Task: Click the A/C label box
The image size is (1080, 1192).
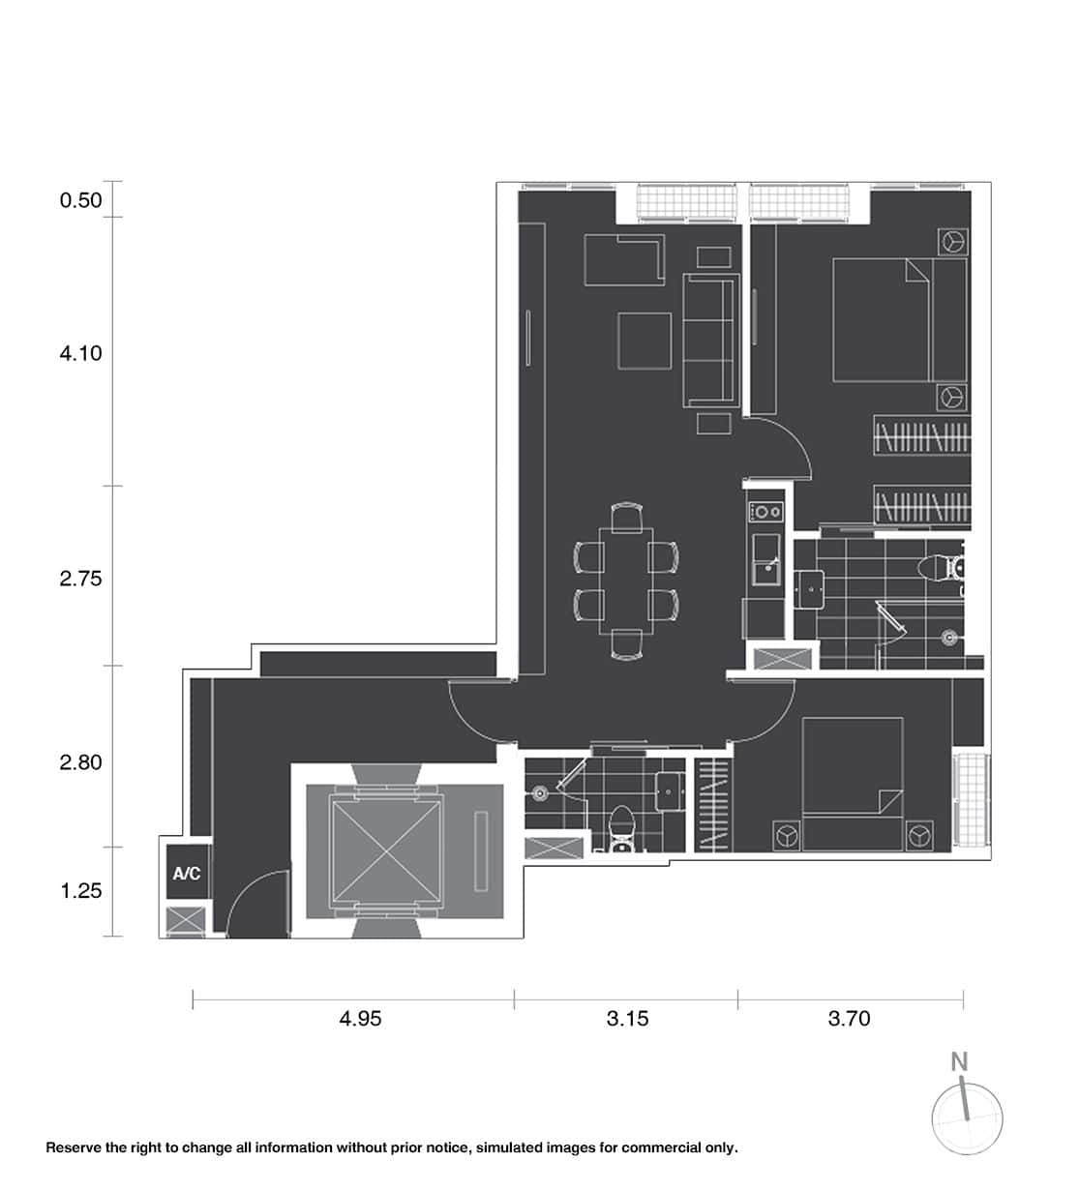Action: [187, 874]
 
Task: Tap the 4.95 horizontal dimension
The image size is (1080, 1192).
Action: [360, 1018]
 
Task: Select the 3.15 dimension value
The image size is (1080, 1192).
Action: [627, 1018]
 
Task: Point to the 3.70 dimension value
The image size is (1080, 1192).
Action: [849, 1018]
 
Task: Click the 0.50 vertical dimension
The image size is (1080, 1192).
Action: [80, 200]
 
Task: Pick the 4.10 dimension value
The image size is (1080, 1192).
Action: [80, 353]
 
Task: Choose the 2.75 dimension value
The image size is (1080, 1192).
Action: [80, 579]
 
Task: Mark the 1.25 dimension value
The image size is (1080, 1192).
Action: [80, 891]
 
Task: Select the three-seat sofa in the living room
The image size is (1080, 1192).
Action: [708, 340]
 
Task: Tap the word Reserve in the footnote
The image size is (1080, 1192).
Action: [74, 1148]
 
